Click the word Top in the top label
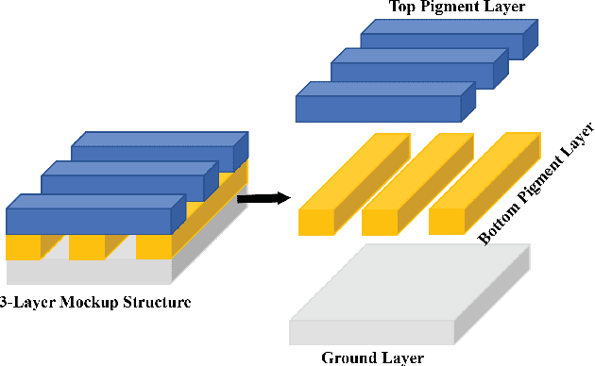click(403, 8)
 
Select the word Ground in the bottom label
click(350, 358)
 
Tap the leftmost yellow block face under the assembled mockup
click(24, 248)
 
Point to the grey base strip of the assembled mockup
click(90, 272)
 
